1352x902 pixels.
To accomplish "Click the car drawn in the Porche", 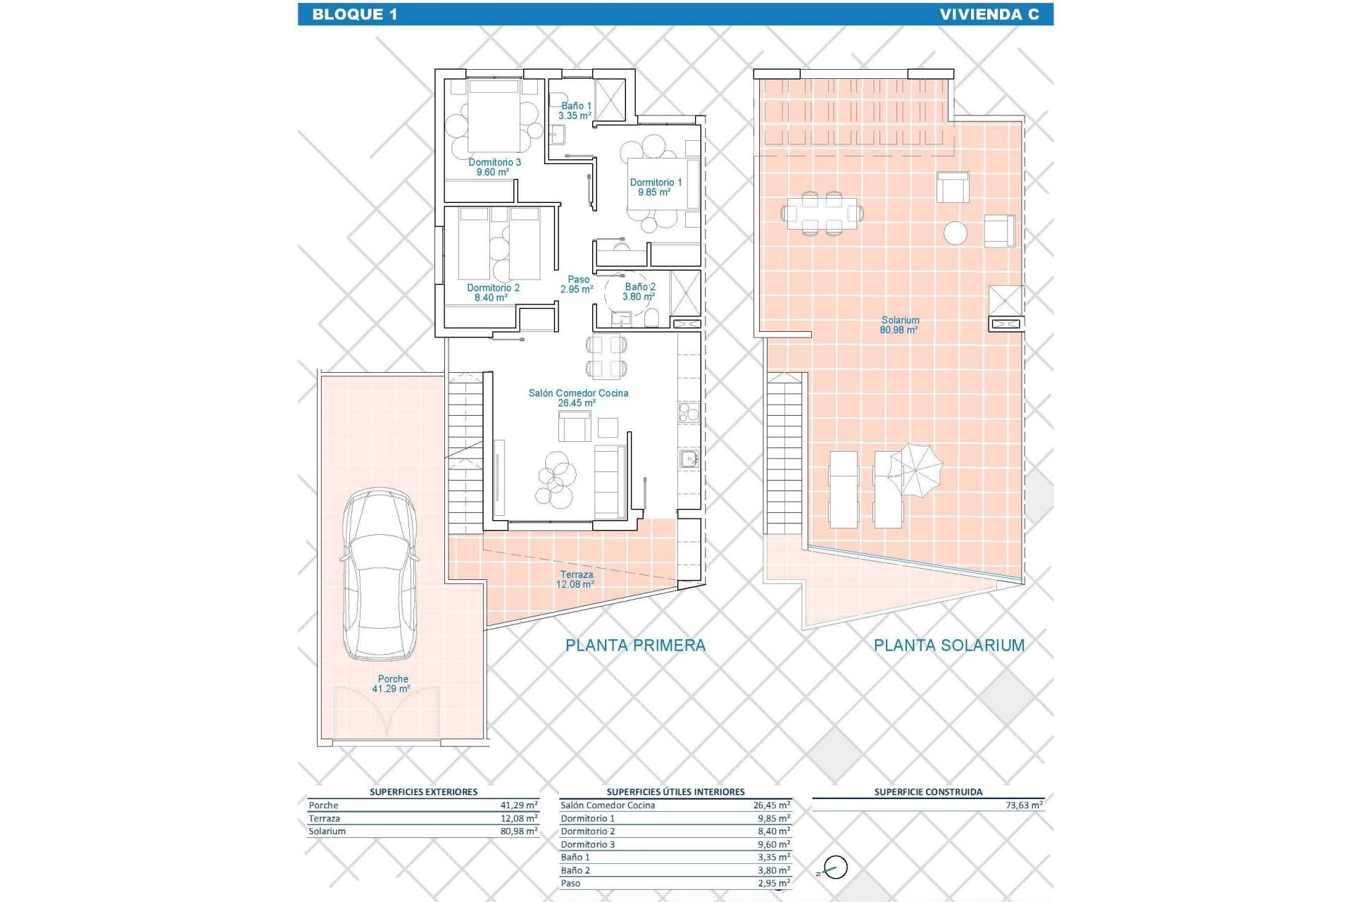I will click(x=380, y=574).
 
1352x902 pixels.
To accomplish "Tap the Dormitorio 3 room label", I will click(x=494, y=167).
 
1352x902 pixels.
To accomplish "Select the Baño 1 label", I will click(x=575, y=111).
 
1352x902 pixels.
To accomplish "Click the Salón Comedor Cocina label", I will click(x=578, y=397).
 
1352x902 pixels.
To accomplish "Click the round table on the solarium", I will click(x=956, y=233).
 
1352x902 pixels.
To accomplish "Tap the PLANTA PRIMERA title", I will click(x=635, y=645).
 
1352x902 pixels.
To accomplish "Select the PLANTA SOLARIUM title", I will click(x=949, y=645).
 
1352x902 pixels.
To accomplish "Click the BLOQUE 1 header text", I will click(x=354, y=14).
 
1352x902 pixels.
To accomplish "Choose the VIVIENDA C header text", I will click(x=989, y=14).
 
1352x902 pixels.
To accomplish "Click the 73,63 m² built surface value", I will click(x=1024, y=805).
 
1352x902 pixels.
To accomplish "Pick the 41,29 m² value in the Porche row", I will click(x=519, y=805).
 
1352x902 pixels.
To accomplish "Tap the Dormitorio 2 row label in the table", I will click(x=587, y=831).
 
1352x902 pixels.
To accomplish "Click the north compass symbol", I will click(x=835, y=867).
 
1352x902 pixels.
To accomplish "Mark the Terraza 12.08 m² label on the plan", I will click(x=575, y=579).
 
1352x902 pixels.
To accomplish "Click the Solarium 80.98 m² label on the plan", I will click(x=899, y=325).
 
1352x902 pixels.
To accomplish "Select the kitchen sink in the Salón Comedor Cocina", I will click(x=689, y=459).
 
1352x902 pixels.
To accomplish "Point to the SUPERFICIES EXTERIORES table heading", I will click(x=423, y=791).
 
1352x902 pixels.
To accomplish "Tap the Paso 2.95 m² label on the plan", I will click(x=577, y=284).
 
